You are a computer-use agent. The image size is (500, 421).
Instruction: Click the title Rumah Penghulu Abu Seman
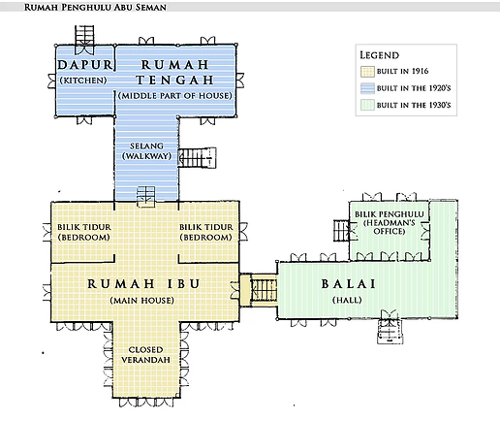[95, 7]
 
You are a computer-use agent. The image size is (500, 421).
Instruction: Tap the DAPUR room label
[85, 65]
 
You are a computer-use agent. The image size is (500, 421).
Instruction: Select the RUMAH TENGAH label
[174, 72]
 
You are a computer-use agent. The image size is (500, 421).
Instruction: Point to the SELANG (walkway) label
[146, 151]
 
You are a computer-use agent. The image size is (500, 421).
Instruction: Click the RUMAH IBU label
[143, 284]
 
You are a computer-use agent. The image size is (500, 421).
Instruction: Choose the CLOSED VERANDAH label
[145, 355]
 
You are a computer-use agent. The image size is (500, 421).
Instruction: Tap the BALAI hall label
[349, 284]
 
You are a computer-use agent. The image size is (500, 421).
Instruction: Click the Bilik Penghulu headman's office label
[390, 222]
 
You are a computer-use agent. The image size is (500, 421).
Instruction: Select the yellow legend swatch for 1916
[367, 72]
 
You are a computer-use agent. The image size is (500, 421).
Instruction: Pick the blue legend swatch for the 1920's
[367, 88]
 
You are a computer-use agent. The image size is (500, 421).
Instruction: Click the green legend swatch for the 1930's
[367, 105]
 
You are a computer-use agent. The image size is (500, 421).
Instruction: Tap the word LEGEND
[380, 55]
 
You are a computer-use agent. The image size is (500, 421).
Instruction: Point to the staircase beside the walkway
[197, 158]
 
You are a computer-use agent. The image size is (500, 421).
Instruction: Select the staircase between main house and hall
[264, 290]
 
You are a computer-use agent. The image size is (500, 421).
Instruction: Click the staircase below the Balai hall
[390, 331]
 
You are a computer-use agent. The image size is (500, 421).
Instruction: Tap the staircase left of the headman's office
[341, 230]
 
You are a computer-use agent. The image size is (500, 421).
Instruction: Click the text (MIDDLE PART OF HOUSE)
[175, 96]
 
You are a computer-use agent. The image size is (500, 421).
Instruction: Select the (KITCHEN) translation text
[83, 81]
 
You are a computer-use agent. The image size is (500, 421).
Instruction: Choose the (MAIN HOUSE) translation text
[141, 301]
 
